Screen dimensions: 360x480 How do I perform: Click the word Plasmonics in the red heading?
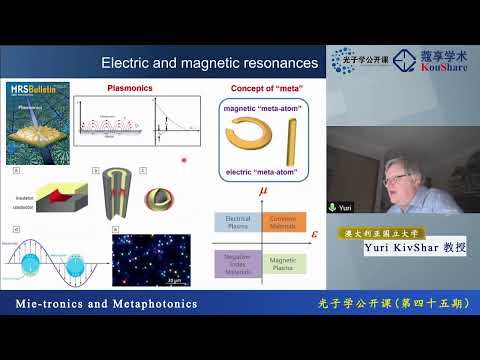[x=129, y=88]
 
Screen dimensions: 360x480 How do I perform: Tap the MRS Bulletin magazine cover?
[x=39, y=122]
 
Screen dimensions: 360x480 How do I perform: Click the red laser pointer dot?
[x=183, y=160]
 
